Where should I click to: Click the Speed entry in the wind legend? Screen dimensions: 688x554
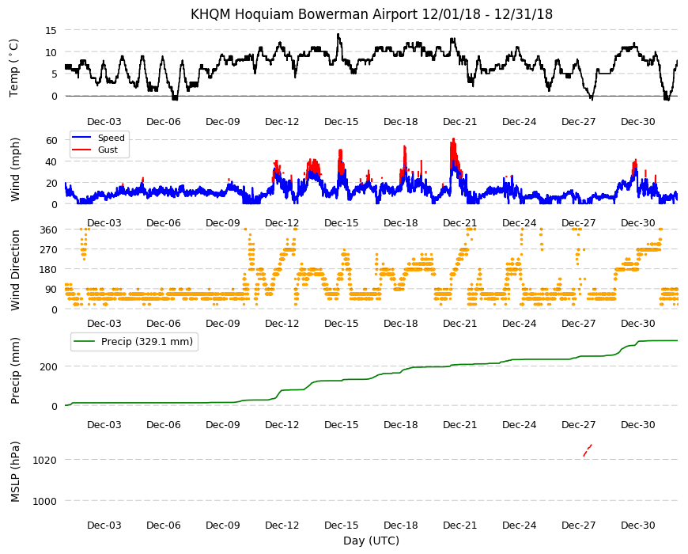pos(111,138)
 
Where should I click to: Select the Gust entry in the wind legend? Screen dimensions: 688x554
pos(108,150)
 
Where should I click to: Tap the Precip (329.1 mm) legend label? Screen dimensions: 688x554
pos(147,342)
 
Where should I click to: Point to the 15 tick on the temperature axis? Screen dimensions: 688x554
pos(51,30)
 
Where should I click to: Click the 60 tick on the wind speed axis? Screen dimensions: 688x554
pos(51,140)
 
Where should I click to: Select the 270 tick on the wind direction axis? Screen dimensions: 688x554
pos(49,250)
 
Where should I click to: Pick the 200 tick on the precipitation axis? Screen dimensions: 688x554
pos(49,366)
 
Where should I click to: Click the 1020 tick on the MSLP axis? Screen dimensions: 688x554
pos(45,460)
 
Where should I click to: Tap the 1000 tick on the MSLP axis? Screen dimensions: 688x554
pos(45,501)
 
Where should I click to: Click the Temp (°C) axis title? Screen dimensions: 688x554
pos(14,68)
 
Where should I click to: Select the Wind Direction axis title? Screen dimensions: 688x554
pos(15,271)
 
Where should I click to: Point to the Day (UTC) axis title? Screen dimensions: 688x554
pos(371,541)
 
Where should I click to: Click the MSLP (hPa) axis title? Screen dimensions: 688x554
pos(15,472)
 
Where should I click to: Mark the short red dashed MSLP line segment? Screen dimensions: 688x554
pos(588,450)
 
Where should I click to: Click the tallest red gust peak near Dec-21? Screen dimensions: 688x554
pos(454,139)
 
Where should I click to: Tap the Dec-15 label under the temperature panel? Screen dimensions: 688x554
pos(342,122)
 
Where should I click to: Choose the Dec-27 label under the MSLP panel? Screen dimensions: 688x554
pos(579,525)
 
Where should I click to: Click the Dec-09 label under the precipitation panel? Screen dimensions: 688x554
pos(223,424)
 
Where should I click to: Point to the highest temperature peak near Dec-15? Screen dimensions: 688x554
pos(338,34)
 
